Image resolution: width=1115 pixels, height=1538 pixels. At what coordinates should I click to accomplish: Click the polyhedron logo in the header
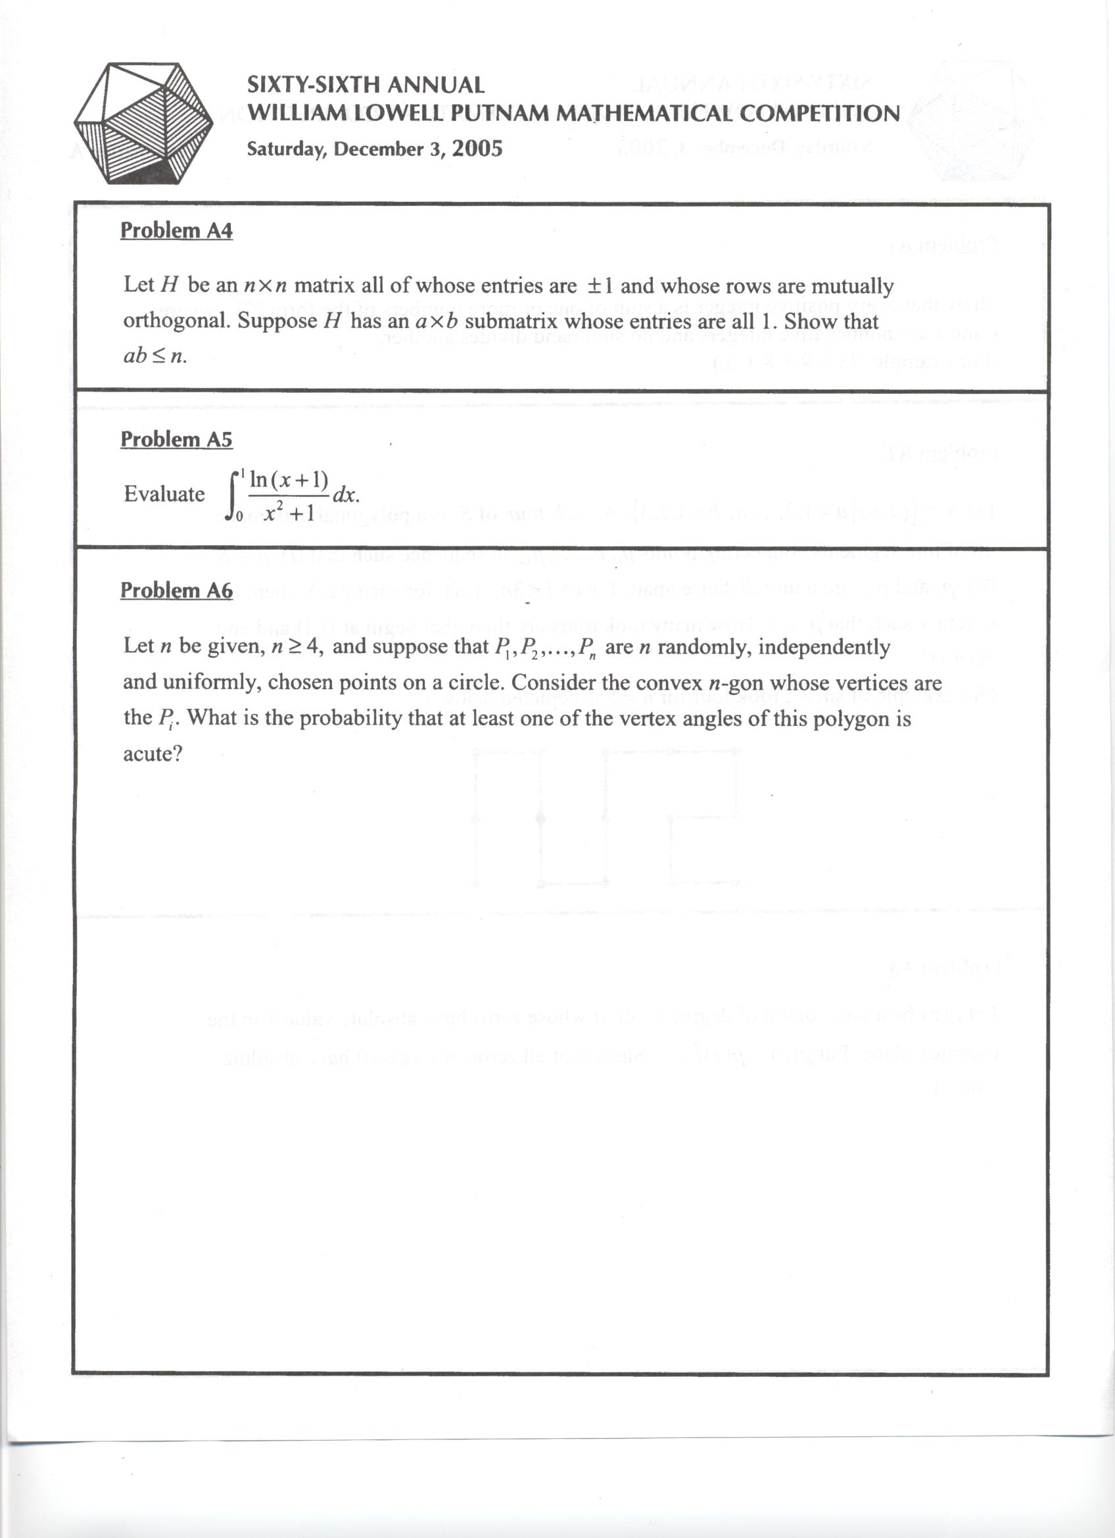point(143,123)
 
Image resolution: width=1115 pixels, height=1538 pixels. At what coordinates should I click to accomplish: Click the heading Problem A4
point(176,231)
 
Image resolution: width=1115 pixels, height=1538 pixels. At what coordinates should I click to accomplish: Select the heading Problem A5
point(176,439)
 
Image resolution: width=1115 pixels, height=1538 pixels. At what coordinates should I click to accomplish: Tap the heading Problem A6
point(176,590)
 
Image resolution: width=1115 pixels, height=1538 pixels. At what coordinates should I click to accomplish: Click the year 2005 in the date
point(477,149)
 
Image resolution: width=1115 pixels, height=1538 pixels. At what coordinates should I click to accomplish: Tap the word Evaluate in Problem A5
point(164,494)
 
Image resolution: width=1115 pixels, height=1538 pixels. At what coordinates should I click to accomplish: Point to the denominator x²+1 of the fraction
point(289,513)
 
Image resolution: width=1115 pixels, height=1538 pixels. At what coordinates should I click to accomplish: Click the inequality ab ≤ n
point(154,356)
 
